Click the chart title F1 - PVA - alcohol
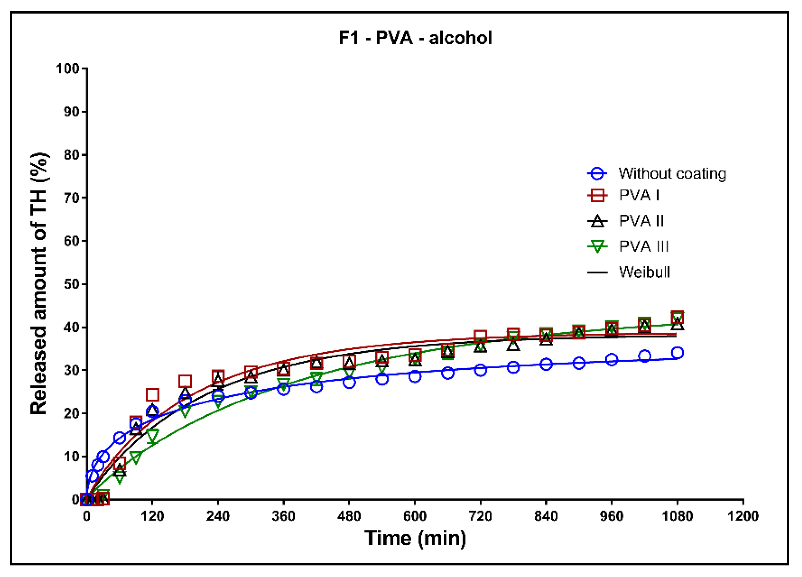tap(415, 38)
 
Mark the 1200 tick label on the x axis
tap(743, 516)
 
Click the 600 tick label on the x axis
tap(415, 516)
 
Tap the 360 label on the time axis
tap(283, 516)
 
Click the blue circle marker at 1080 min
tap(677, 353)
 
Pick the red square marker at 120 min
tap(152, 395)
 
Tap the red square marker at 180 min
tap(185, 381)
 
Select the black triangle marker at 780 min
tap(513, 345)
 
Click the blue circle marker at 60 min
tap(120, 438)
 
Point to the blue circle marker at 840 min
tap(546, 364)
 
